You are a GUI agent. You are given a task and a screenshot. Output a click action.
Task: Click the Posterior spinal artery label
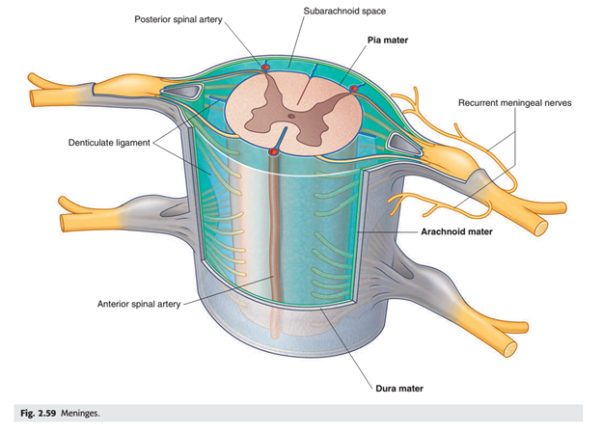click(x=178, y=19)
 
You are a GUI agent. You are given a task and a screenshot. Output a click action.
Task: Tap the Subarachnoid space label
click(x=344, y=12)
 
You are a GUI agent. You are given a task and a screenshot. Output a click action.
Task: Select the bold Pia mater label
click(x=388, y=40)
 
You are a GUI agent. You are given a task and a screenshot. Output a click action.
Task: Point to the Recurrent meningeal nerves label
click(x=514, y=103)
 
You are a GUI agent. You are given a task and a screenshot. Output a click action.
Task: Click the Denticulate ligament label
click(x=109, y=143)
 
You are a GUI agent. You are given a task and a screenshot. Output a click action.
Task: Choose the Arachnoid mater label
click(x=456, y=231)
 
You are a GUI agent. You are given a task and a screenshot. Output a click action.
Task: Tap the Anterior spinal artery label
click(x=139, y=304)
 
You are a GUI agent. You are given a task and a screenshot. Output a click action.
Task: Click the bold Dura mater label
click(x=399, y=389)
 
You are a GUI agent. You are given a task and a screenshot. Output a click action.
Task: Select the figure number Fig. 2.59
click(x=38, y=413)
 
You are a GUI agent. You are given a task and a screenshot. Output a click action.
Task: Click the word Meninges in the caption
click(x=80, y=413)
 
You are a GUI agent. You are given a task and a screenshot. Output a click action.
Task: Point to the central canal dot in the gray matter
click(x=291, y=116)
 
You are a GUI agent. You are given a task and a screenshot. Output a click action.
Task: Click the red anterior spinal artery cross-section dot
click(x=273, y=152)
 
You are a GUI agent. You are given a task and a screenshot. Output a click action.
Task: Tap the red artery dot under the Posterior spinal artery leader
click(x=265, y=68)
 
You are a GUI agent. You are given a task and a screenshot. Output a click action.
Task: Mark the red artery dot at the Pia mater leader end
click(x=354, y=89)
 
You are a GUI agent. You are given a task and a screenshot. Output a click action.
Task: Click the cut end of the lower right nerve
click(x=509, y=349)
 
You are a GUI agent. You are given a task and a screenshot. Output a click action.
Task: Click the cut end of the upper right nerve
click(x=541, y=229)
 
